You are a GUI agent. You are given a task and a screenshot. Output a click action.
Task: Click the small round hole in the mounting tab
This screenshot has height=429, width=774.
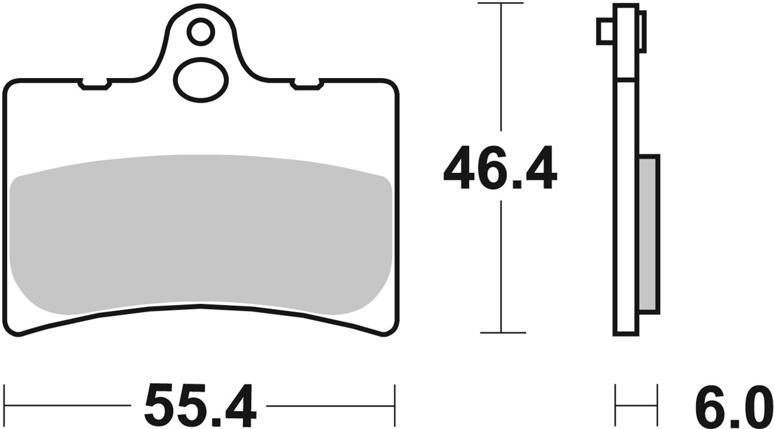pos(201,30)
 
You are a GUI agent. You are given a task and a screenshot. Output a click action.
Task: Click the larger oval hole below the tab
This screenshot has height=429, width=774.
pos(201,79)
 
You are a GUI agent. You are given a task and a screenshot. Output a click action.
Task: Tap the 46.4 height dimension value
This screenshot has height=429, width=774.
pos(500,169)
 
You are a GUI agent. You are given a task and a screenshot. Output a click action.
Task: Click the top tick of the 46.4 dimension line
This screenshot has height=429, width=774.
pos(500,4)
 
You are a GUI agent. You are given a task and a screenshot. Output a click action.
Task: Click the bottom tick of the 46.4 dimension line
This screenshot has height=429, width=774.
pos(500,333)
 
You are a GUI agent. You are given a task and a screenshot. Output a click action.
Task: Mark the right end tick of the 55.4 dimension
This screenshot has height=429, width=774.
pos(394,406)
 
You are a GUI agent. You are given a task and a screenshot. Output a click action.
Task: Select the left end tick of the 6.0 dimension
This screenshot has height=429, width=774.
pos(615,406)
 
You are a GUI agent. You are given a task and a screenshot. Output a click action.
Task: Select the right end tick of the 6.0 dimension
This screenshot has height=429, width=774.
pos(659,406)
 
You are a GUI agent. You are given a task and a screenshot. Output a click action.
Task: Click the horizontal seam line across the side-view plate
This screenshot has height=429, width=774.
pos(626,79)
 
